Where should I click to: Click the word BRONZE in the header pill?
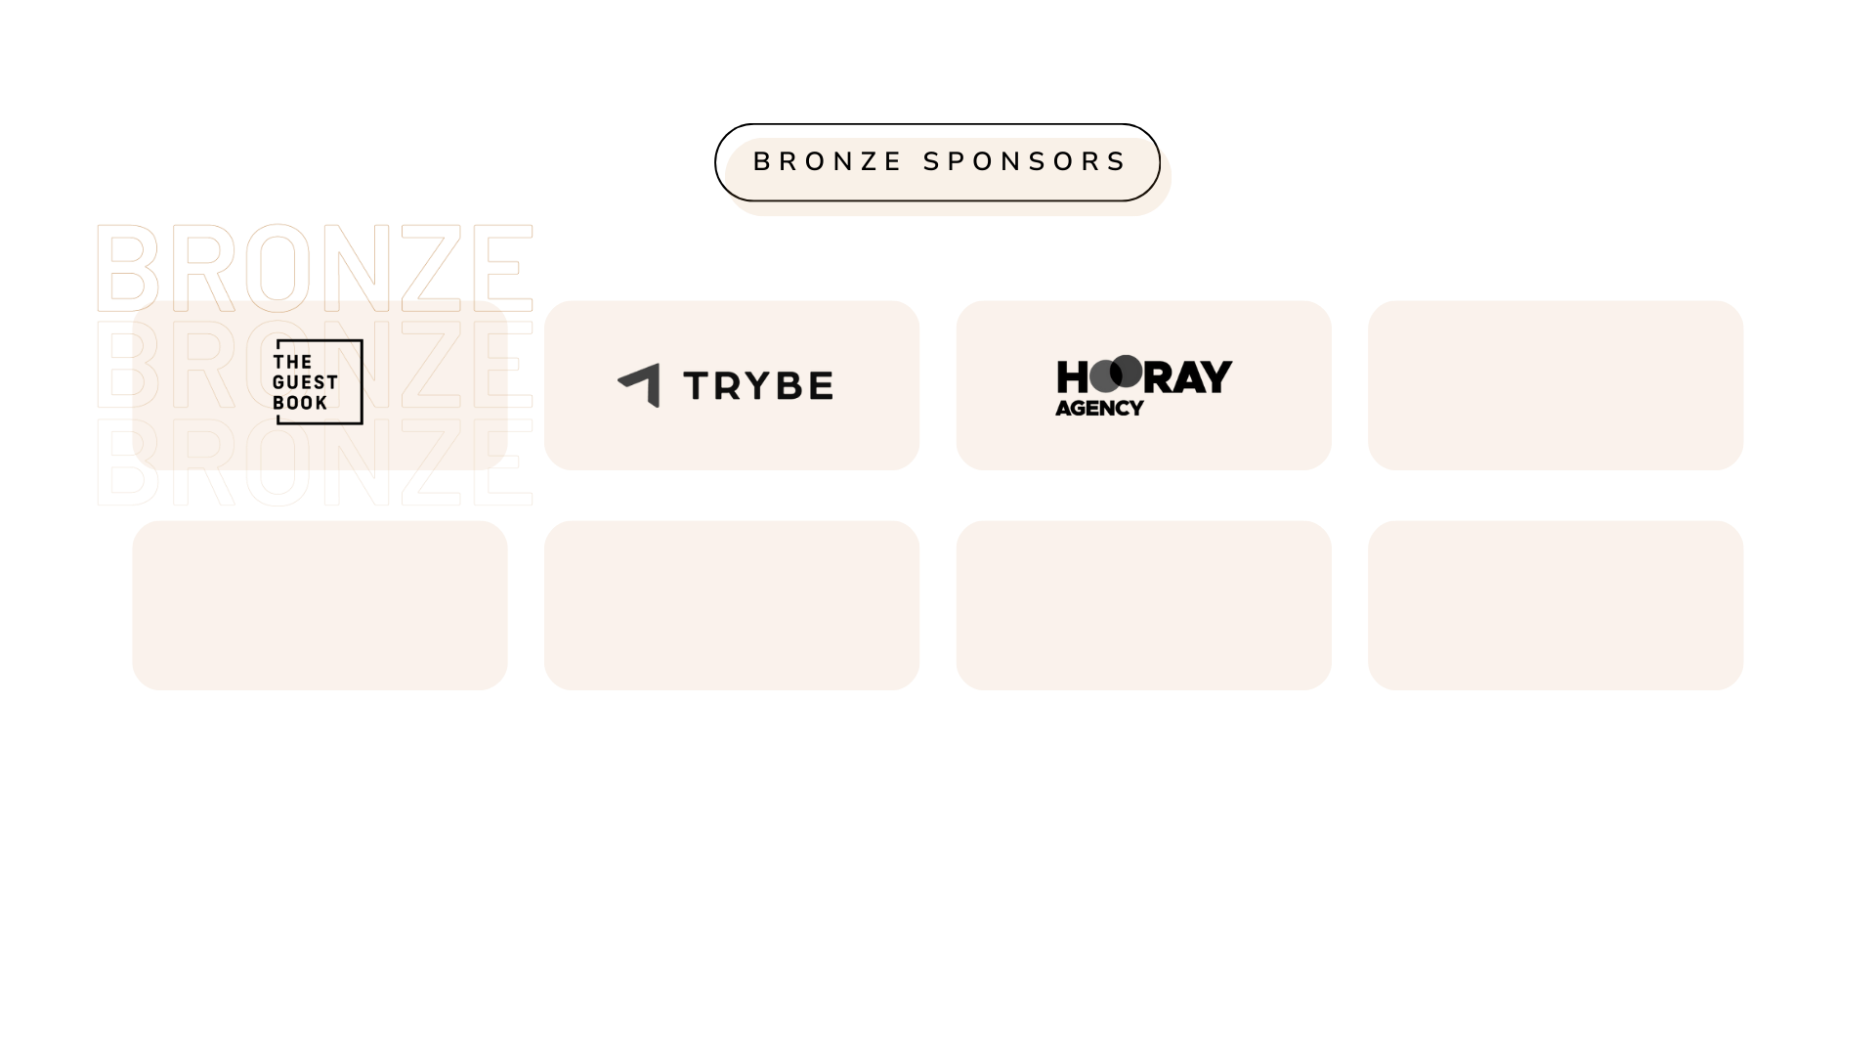coord(827,161)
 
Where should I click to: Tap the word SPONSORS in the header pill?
coord(1025,161)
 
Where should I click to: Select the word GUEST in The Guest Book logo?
coord(305,382)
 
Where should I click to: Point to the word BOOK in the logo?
coord(300,403)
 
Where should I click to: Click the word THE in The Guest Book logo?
coord(292,362)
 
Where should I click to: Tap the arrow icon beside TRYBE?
coord(642,384)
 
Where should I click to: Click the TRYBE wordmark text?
coord(758,386)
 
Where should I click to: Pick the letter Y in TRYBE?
coord(758,386)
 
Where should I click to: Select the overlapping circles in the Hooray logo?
coord(1116,374)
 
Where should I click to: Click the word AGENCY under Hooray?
coord(1099,409)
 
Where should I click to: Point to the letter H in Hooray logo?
coord(1071,377)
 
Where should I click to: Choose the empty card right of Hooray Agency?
coord(1556,385)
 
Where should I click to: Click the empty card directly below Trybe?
coord(732,605)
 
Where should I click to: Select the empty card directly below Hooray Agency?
coord(1143,605)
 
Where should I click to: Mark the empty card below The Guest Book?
coord(320,605)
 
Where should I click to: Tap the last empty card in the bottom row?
coord(1556,605)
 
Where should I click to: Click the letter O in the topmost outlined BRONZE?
coord(277,264)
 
